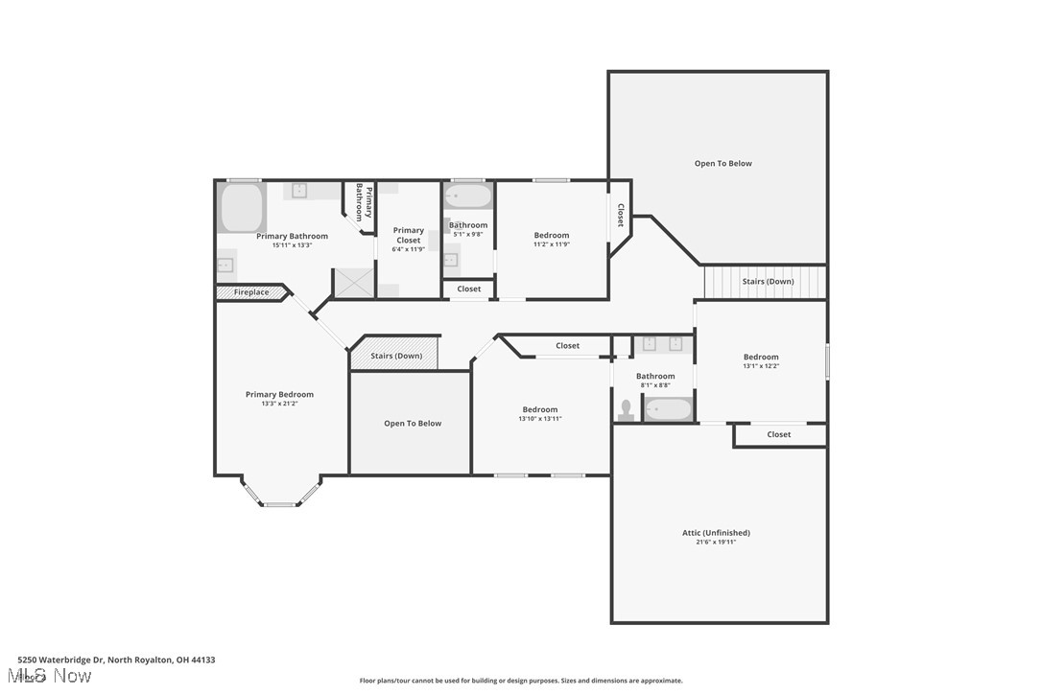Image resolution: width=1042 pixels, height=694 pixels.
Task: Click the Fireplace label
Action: tap(251, 292)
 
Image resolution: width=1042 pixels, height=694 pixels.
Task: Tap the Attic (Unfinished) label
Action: tap(716, 533)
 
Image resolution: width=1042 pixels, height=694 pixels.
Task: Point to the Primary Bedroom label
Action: tap(279, 394)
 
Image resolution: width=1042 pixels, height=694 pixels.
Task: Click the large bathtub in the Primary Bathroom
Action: tap(242, 208)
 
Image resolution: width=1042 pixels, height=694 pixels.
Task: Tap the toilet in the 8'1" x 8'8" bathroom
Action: tap(626, 409)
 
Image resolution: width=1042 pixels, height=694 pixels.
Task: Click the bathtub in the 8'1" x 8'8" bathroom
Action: tap(667, 410)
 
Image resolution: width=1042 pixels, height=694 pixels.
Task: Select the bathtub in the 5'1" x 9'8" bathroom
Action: tap(467, 197)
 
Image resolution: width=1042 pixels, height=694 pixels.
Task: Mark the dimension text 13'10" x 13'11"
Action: tap(540, 419)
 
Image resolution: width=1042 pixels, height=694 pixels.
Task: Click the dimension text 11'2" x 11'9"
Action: tap(552, 244)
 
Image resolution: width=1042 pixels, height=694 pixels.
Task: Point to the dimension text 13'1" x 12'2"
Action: tap(761, 366)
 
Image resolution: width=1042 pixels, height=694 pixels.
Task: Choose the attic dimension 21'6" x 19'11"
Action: tap(716, 543)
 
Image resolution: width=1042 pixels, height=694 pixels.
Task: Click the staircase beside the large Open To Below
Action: tap(765, 282)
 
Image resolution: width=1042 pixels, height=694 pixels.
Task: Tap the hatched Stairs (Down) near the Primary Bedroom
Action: tap(395, 355)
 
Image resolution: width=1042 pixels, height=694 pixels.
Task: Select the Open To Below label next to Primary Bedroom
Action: tap(413, 423)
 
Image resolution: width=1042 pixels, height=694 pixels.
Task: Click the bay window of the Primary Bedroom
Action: tap(280, 496)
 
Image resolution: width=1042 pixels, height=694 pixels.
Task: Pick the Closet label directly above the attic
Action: tap(778, 434)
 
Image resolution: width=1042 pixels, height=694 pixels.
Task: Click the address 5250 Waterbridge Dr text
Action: tap(116, 659)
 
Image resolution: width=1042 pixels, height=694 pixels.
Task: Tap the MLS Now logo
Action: tap(56, 676)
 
